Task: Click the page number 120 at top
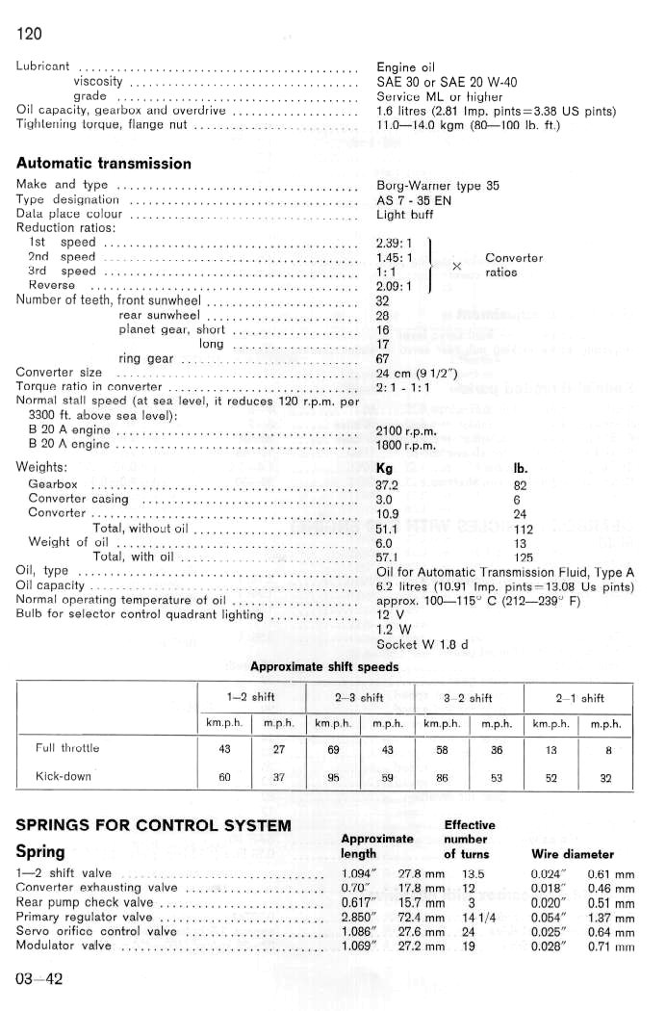(x=30, y=34)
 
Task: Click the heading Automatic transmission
(x=104, y=164)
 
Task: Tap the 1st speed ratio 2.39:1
(x=395, y=243)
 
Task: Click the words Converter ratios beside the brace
(x=515, y=265)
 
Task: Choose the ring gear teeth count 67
(x=383, y=359)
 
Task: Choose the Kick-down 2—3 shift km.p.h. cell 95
(x=333, y=776)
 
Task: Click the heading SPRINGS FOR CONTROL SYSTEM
(x=154, y=825)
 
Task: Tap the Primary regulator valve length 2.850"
(x=358, y=918)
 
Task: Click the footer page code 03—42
(x=39, y=980)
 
